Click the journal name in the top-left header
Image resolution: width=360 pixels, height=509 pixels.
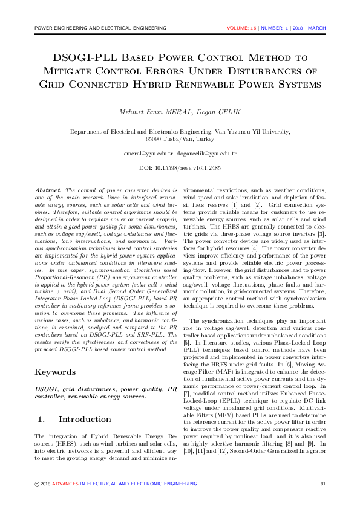tap(100, 28)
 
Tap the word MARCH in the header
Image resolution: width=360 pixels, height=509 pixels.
tap(317, 28)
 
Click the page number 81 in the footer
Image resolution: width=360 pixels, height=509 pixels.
tap(322, 484)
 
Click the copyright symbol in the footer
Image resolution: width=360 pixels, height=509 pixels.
tap(37, 484)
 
